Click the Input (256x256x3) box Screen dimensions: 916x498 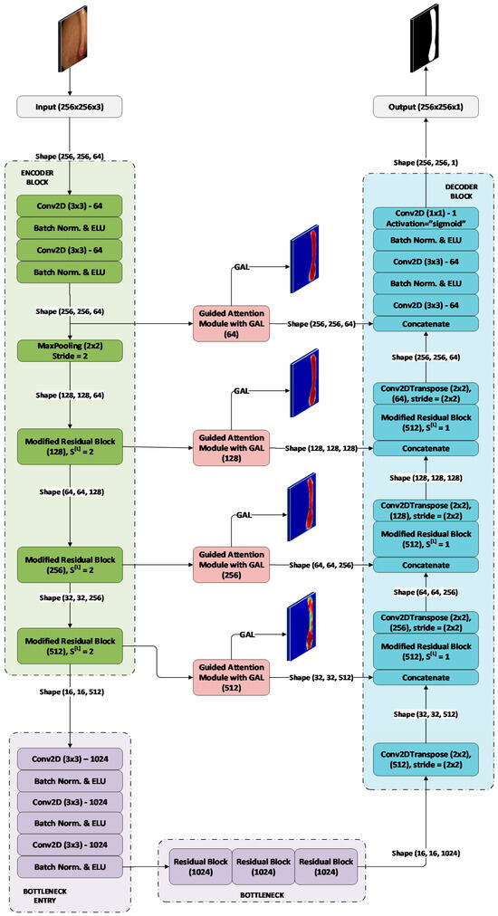point(72,108)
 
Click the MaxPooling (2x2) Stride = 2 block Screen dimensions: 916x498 point(72,350)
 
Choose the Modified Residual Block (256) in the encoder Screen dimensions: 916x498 point(72,561)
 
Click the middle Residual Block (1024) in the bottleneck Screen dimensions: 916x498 point(263,865)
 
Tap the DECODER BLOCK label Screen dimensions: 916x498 point(462,191)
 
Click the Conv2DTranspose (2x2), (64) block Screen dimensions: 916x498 point(426,392)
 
